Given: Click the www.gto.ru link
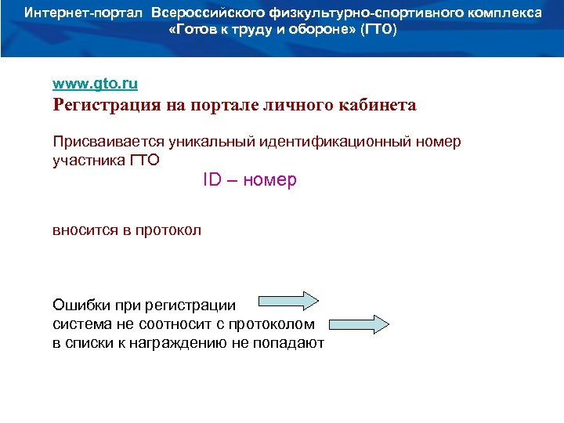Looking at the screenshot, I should tap(95, 82).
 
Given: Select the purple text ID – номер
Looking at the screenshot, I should tap(250, 180).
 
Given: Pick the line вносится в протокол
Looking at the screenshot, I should tap(127, 230).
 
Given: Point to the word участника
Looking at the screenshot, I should tap(84, 161).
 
